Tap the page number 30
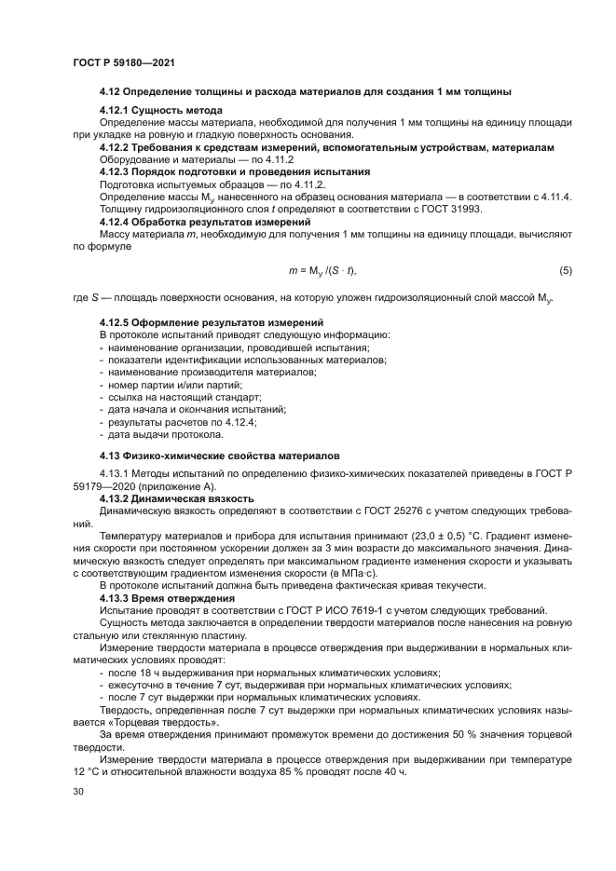[x=77, y=791]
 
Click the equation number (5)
[x=565, y=271]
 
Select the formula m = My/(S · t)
[x=323, y=271]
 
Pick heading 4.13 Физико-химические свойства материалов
[x=220, y=456]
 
